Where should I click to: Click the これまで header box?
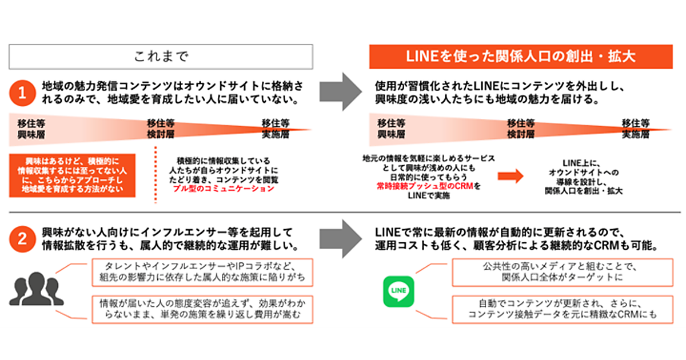click(x=161, y=57)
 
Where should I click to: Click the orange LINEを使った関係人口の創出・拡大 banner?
click(x=520, y=57)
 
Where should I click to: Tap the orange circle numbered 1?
click(x=22, y=94)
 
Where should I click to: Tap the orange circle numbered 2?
click(x=22, y=239)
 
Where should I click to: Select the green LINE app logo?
click(x=398, y=291)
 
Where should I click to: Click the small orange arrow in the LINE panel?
click(x=510, y=177)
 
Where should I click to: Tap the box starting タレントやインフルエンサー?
click(x=202, y=273)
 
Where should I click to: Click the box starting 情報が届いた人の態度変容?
click(x=202, y=310)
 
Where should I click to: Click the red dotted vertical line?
click(x=155, y=174)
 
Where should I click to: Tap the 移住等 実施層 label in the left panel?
click(x=275, y=130)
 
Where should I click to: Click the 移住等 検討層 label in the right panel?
click(x=521, y=130)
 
